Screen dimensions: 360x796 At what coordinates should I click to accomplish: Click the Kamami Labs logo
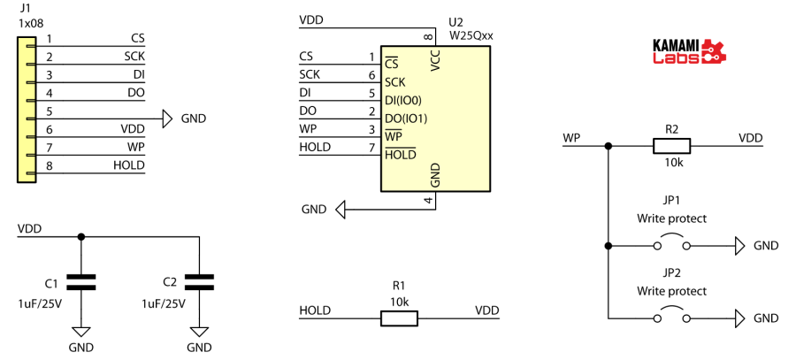click(x=688, y=50)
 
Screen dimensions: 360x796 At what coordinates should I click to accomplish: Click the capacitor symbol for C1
click(x=81, y=282)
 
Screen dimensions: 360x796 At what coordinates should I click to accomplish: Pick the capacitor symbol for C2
click(x=200, y=282)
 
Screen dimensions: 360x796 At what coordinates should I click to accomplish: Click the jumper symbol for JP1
click(x=672, y=244)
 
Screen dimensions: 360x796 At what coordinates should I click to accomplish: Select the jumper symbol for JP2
click(x=672, y=318)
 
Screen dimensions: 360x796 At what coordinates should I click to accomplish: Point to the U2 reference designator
click(x=456, y=21)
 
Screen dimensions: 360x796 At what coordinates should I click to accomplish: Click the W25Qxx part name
click(x=471, y=36)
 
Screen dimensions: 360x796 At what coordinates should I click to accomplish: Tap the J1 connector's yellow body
click(x=25, y=107)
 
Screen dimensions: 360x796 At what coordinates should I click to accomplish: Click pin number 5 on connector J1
click(x=50, y=111)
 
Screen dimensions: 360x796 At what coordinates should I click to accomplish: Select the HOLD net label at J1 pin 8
click(x=128, y=165)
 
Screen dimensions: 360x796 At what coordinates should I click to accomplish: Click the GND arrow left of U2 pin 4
click(x=341, y=210)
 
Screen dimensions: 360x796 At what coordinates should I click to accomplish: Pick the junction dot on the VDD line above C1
click(x=81, y=236)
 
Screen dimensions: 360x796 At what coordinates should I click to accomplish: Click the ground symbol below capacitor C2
click(x=200, y=331)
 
